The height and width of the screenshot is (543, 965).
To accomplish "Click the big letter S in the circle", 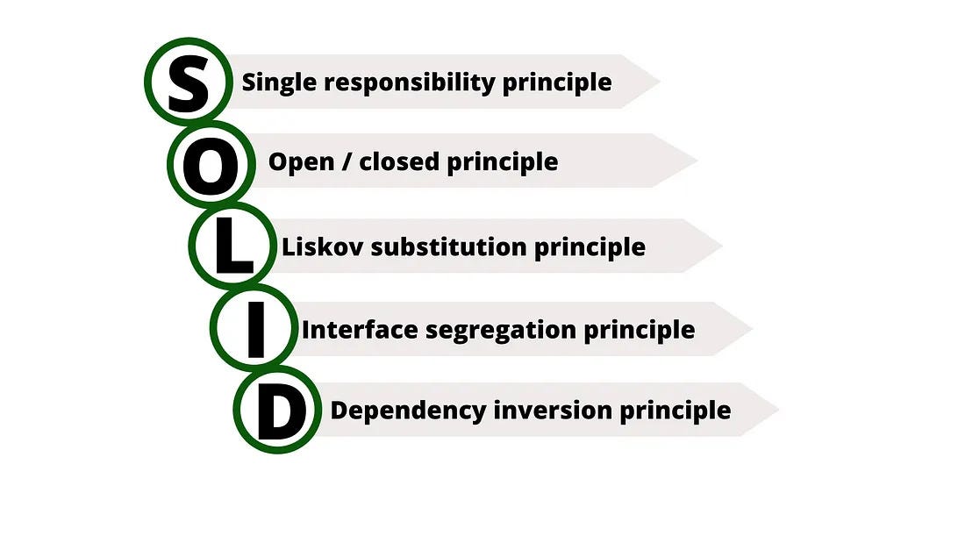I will [188, 82].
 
